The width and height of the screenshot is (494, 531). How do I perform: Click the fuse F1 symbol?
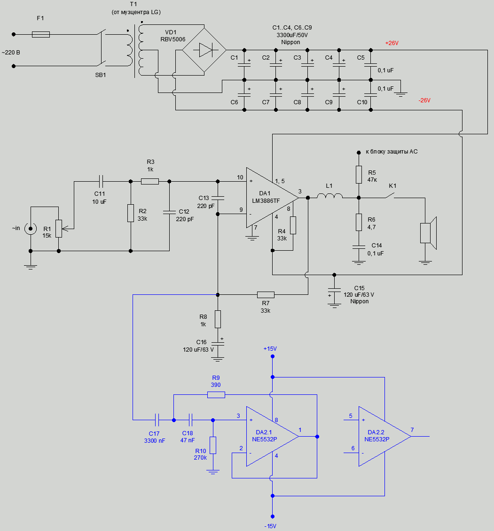tap(41, 34)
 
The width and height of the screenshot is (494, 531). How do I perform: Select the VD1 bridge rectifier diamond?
tap(204, 50)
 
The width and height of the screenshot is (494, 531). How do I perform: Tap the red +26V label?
tap(392, 43)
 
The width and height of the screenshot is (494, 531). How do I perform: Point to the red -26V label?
tap(424, 100)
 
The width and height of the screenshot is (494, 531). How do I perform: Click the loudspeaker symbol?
tap(428, 233)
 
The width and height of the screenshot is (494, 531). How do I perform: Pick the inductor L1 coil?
tap(329, 197)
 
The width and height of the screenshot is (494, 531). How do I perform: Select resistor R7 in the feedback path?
tap(266, 295)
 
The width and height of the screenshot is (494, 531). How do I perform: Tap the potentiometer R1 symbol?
tap(59, 228)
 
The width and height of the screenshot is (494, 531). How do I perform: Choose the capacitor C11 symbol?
tap(101, 181)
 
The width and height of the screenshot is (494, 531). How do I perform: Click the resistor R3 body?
tap(150, 181)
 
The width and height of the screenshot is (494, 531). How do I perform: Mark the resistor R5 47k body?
tap(359, 174)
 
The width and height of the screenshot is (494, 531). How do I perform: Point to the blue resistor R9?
tap(216, 395)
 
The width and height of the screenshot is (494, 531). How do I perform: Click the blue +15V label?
tap(270, 349)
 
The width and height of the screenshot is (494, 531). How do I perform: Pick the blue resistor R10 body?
tap(213, 445)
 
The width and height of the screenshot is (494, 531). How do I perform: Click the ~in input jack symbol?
tap(31, 229)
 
